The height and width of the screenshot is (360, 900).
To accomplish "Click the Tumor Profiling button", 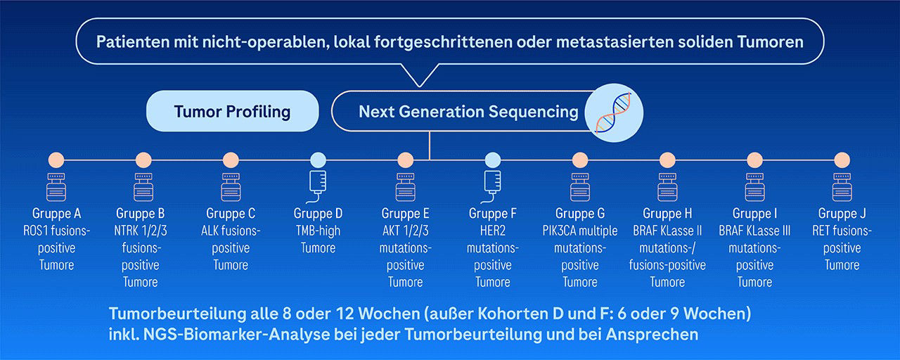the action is pyautogui.click(x=232, y=111).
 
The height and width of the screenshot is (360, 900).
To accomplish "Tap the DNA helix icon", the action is pyautogui.click(x=614, y=113).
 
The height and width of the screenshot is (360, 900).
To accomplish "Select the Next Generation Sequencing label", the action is pyautogui.click(x=468, y=112).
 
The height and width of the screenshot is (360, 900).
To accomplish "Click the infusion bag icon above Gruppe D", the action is pyautogui.click(x=317, y=186).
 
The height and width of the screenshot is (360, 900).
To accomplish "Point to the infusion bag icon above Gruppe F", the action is pyautogui.click(x=491, y=186).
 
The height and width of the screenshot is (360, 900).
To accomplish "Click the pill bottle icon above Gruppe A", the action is pyautogui.click(x=56, y=187).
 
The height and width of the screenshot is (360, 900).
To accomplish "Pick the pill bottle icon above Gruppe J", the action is pyautogui.click(x=842, y=187).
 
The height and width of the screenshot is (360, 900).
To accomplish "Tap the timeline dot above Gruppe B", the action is pyautogui.click(x=143, y=160).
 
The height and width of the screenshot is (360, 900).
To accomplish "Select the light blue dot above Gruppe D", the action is pyautogui.click(x=319, y=160).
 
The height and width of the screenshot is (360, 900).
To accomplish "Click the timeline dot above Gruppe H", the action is pyautogui.click(x=667, y=160).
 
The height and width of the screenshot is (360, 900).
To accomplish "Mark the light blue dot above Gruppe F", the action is pyautogui.click(x=493, y=160).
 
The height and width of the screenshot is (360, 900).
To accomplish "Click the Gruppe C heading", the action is pyautogui.click(x=231, y=213).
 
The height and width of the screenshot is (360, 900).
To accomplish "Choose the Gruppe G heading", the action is pyautogui.click(x=580, y=213).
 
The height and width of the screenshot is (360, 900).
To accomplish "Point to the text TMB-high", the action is pyautogui.click(x=319, y=231).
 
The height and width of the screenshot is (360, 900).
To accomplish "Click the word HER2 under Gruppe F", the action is pyautogui.click(x=493, y=231).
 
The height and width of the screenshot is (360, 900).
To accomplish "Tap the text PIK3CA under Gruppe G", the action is pyautogui.click(x=560, y=231).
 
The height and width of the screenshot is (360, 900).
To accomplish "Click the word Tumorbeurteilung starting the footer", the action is pyautogui.click(x=178, y=314).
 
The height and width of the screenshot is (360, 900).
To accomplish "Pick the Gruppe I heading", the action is pyautogui.click(x=754, y=213).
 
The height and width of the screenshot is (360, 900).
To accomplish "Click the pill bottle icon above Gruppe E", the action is pyautogui.click(x=406, y=187).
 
